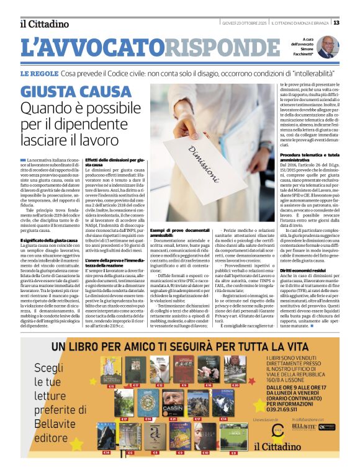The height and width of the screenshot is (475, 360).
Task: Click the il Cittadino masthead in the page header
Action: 44,24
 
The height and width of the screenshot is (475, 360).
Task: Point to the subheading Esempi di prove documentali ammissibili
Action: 178,232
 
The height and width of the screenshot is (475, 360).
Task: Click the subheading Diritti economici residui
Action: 302,270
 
